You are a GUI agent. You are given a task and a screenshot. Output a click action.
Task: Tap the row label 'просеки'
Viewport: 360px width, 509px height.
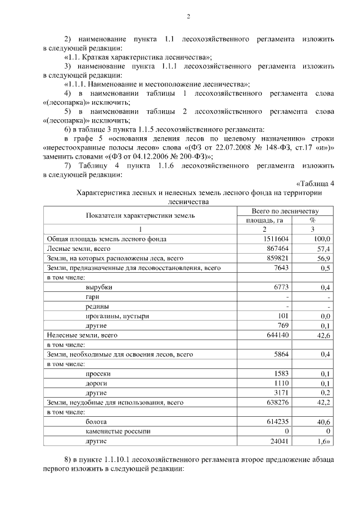98,373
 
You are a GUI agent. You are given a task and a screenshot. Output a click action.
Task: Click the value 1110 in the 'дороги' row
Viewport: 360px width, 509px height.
281,383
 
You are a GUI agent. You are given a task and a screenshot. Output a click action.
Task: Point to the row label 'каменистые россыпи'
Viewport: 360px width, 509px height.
118,431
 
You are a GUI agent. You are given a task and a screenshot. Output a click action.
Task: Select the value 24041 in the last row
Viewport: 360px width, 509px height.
277,441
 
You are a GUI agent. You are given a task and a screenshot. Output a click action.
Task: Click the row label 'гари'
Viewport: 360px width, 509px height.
93,297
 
